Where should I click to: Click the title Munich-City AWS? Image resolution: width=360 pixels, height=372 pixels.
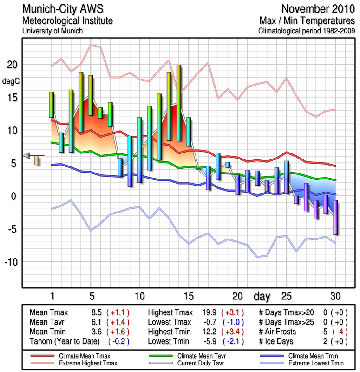point(61,9)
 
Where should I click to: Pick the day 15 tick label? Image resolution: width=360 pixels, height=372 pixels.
point(188,296)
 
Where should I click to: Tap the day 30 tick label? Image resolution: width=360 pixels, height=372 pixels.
point(335,296)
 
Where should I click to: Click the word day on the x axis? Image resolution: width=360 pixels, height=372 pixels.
point(262,296)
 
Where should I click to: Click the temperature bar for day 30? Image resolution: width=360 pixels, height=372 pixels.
point(335,217)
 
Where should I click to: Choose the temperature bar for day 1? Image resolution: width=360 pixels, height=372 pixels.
point(52,105)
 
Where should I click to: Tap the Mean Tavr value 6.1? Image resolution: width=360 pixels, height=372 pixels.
point(97,322)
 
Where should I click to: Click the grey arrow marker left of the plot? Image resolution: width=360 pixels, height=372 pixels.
point(27,155)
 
